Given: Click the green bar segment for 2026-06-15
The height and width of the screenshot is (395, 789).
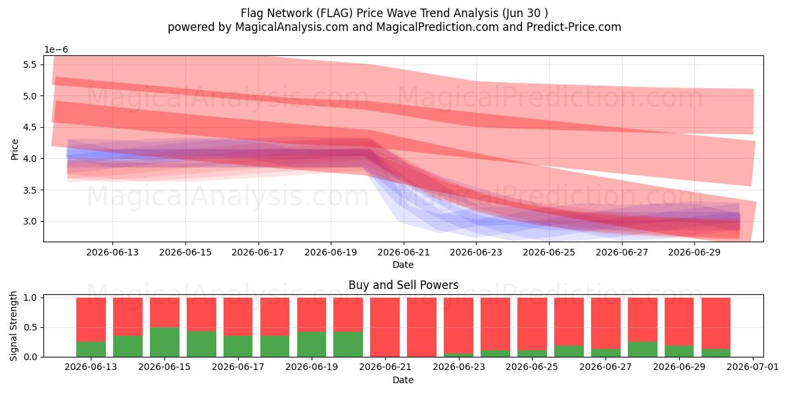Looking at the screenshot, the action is pyautogui.click(x=164, y=342).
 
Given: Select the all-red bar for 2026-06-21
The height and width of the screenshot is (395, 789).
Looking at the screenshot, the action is pyautogui.click(x=385, y=327).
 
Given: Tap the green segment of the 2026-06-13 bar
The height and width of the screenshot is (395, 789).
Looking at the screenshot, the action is pyautogui.click(x=91, y=350).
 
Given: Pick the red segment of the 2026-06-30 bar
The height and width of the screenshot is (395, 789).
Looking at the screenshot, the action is pyautogui.click(x=716, y=323).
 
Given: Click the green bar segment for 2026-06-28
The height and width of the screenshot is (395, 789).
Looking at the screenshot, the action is pyautogui.click(x=642, y=350).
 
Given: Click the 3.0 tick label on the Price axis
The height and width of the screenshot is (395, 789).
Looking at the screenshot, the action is pyautogui.click(x=30, y=221).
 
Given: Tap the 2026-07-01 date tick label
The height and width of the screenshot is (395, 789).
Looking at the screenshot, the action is pyautogui.click(x=753, y=367).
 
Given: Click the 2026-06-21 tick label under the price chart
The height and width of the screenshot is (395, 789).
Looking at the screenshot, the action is pyautogui.click(x=404, y=253).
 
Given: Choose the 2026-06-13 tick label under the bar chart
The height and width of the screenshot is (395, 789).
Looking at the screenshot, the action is pyautogui.click(x=91, y=367).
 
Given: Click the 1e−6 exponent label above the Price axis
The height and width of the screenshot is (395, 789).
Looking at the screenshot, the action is pyautogui.click(x=56, y=50).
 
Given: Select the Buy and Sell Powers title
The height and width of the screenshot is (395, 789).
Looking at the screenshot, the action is pyautogui.click(x=403, y=285).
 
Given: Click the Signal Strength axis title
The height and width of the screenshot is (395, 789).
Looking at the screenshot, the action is pyautogui.click(x=13, y=327).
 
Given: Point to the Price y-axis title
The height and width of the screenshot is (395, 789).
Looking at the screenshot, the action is pyautogui.click(x=14, y=149).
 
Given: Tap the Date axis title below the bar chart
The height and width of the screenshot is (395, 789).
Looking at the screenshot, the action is pyautogui.click(x=403, y=380).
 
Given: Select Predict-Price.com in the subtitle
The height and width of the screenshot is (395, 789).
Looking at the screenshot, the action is pyautogui.click(x=574, y=27).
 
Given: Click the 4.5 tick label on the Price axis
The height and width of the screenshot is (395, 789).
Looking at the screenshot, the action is pyautogui.click(x=30, y=127).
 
